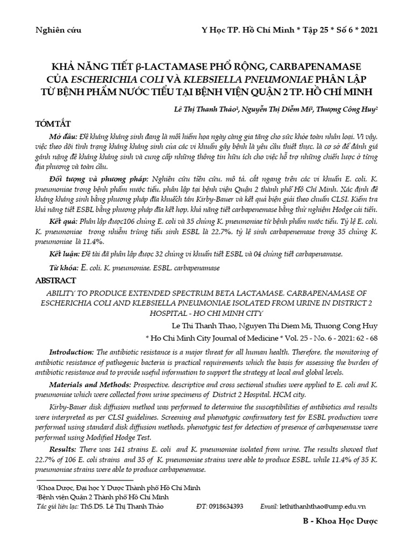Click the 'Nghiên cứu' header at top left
click(58, 30)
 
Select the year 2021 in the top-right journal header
click(368, 30)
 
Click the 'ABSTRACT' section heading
click(56, 280)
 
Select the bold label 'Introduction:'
click(71, 352)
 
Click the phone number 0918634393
click(228, 507)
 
